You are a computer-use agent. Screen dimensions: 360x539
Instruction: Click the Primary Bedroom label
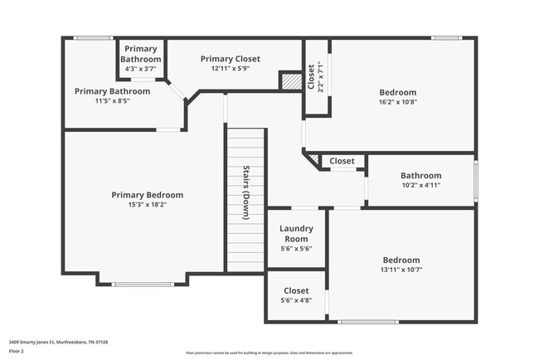148,195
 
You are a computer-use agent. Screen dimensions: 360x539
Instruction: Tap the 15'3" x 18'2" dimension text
148,205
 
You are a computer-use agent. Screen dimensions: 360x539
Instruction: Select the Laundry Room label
294,233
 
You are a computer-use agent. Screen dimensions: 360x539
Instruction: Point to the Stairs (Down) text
246,192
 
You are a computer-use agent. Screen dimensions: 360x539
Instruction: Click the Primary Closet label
230,59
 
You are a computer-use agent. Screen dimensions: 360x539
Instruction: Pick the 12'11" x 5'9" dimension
230,69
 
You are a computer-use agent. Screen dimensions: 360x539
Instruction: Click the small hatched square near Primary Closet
290,81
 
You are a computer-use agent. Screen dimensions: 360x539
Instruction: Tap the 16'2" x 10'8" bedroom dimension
397,102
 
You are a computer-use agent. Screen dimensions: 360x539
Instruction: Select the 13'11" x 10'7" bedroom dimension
401,270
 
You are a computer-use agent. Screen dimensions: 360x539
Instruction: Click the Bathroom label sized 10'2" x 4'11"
421,176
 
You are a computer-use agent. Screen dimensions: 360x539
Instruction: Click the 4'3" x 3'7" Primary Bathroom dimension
140,69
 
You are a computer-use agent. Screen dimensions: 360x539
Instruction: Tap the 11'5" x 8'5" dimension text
112,101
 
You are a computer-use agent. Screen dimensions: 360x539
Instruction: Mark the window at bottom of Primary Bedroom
143,285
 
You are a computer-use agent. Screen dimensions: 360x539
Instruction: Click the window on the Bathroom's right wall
476,180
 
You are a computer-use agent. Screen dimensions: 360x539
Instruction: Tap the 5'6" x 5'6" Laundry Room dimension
294,248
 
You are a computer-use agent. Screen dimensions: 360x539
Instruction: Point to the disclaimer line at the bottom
269,352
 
